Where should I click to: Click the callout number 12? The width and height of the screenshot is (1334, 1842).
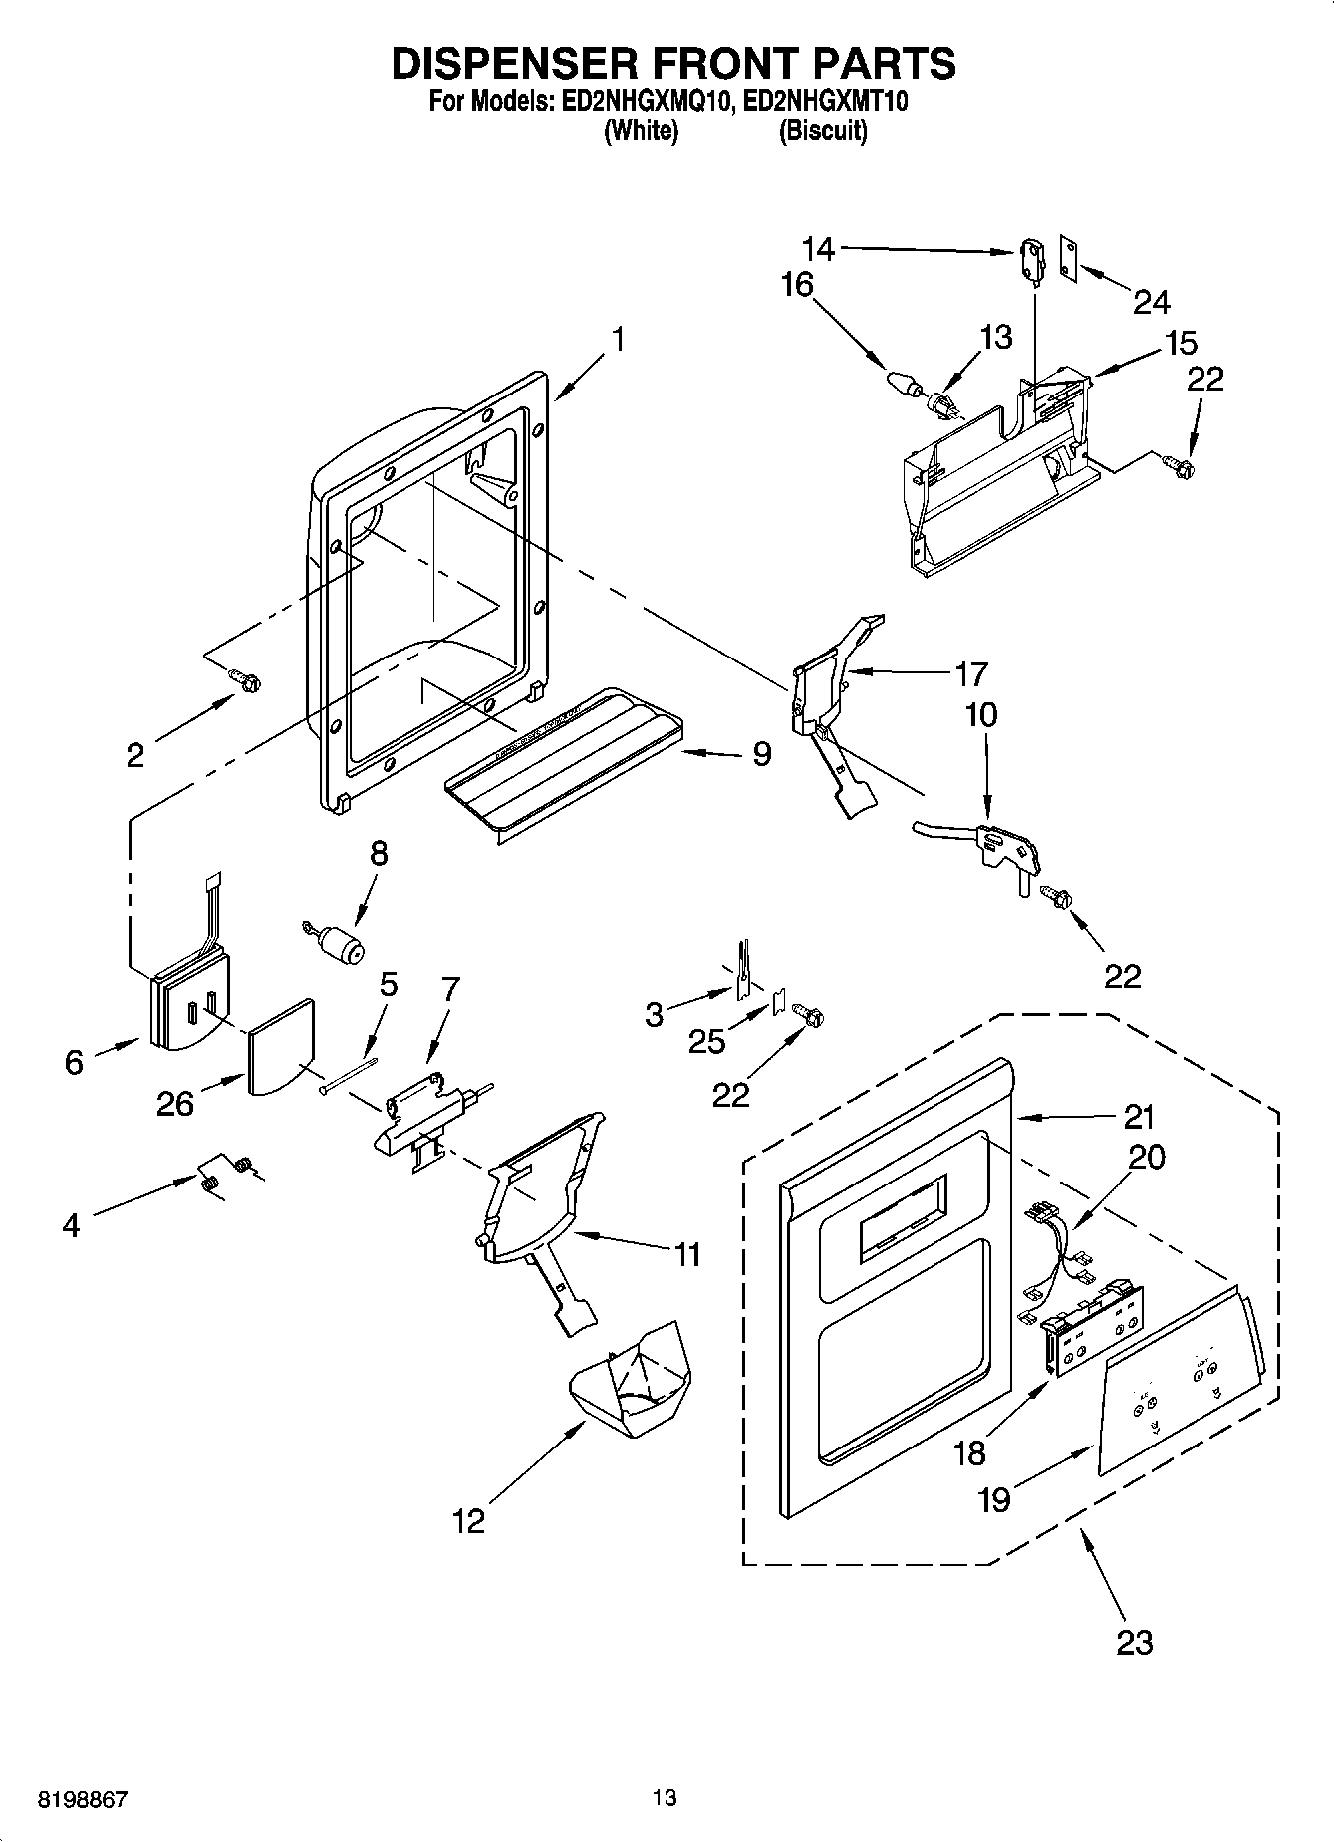[468, 1520]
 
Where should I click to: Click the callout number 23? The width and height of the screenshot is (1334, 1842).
[1134, 1641]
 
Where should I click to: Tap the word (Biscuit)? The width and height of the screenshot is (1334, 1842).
[822, 131]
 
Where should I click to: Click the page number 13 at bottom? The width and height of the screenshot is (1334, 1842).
[665, 1797]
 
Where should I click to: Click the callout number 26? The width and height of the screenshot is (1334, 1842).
[174, 1103]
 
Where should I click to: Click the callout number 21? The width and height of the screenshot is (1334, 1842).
[1138, 1117]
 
